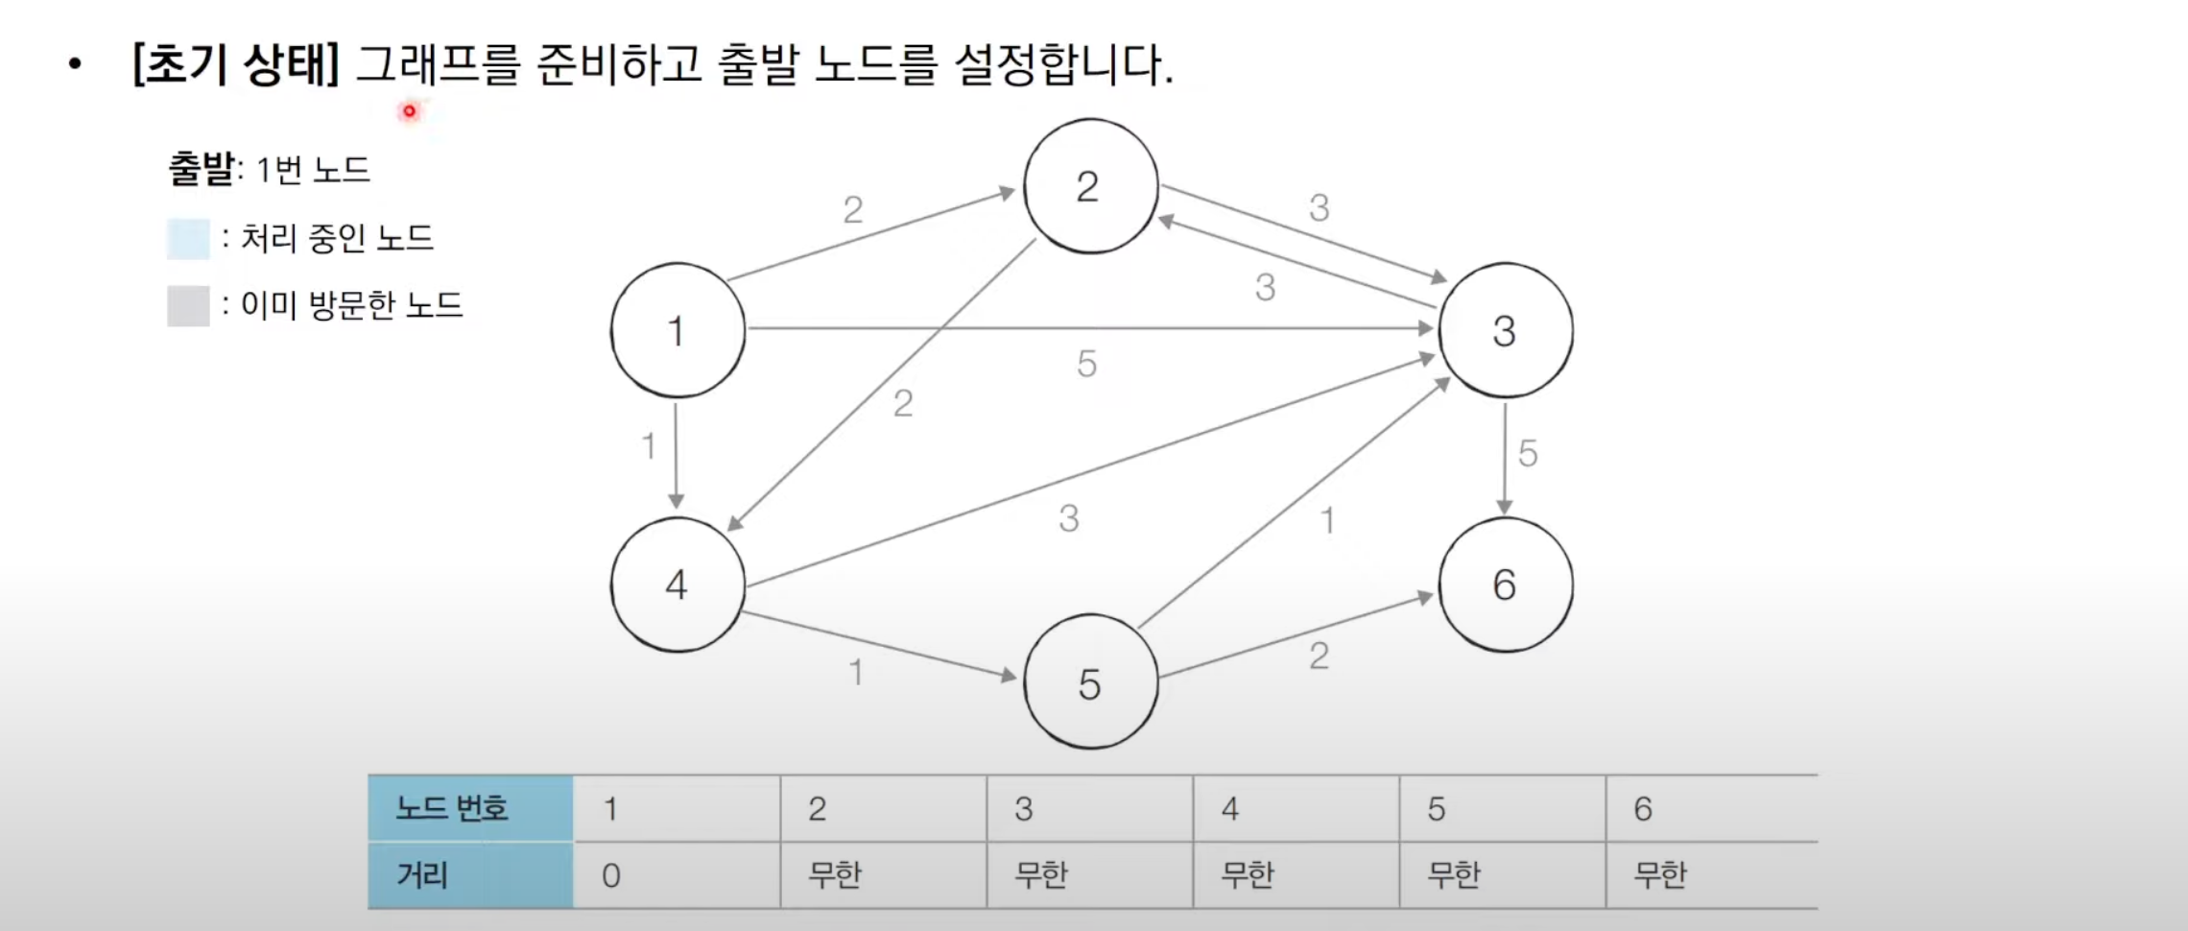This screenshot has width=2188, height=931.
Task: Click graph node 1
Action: click(x=678, y=330)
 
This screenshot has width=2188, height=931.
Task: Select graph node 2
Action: click(x=1089, y=186)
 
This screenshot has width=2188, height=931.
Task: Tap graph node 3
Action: click(x=1505, y=330)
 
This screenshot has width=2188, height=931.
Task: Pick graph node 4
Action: click(x=678, y=585)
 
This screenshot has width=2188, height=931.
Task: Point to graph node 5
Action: click(x=1090, y=682)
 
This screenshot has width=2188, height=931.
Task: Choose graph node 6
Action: click(x=1505, y=585)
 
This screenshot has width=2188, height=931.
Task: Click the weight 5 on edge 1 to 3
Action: click(x=1086, y=364)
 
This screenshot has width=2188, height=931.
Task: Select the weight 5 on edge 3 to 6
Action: click(x=1528, y=453)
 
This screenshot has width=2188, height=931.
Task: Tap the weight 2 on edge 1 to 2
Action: click(x=853, y=209)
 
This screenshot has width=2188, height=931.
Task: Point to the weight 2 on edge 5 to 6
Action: click(x=1320, y=656)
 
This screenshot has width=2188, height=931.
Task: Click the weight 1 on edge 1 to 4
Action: click(x=649, y=445)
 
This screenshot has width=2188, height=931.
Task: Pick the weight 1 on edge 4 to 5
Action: click(x=856, y=672)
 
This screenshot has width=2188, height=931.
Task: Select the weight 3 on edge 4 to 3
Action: click(x=1069, y=518)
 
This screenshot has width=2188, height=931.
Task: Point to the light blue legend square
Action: click(x=188, y=239)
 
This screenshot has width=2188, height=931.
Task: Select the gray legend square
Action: click(x=188, y=306)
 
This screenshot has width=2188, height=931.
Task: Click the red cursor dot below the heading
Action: click(x=409, y=111)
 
